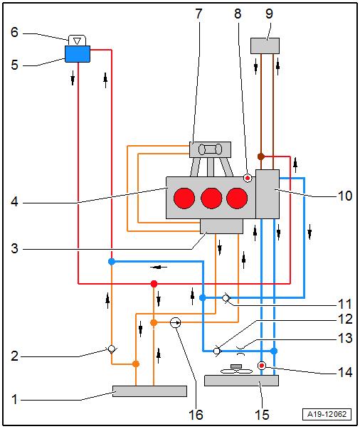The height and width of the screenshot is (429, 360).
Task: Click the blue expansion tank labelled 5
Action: [78, 54]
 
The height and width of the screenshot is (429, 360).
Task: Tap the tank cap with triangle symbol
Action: [77, 41]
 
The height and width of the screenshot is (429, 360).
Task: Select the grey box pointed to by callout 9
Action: [265, 46]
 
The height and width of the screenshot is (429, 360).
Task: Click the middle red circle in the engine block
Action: [211, 198]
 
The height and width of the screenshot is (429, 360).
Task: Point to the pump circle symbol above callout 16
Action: [175, 323]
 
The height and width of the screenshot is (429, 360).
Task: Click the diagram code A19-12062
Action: [327, 414]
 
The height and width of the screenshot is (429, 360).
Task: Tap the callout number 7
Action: [199, 14]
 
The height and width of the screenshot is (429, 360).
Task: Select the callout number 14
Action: [345, 372]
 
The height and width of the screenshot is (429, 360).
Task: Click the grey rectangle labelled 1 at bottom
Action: [149, 391]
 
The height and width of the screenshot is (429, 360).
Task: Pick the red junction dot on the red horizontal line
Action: [154, 284]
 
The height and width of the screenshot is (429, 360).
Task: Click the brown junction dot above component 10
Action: [261, 157]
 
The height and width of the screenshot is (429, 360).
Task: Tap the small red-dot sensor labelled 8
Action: [248, 178]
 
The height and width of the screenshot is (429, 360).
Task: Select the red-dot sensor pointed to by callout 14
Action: [262, 365]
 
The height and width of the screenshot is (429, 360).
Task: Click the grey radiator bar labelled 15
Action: [242, 381]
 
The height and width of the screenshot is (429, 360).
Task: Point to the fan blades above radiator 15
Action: [237, 371]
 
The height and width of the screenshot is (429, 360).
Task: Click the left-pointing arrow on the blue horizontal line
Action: [159, 268]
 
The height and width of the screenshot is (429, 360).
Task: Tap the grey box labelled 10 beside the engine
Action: [268, 194]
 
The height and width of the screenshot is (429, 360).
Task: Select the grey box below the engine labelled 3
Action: [221, 226]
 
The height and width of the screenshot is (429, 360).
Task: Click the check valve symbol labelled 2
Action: [111, 349]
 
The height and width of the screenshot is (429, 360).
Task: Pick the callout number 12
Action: [345, 319]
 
